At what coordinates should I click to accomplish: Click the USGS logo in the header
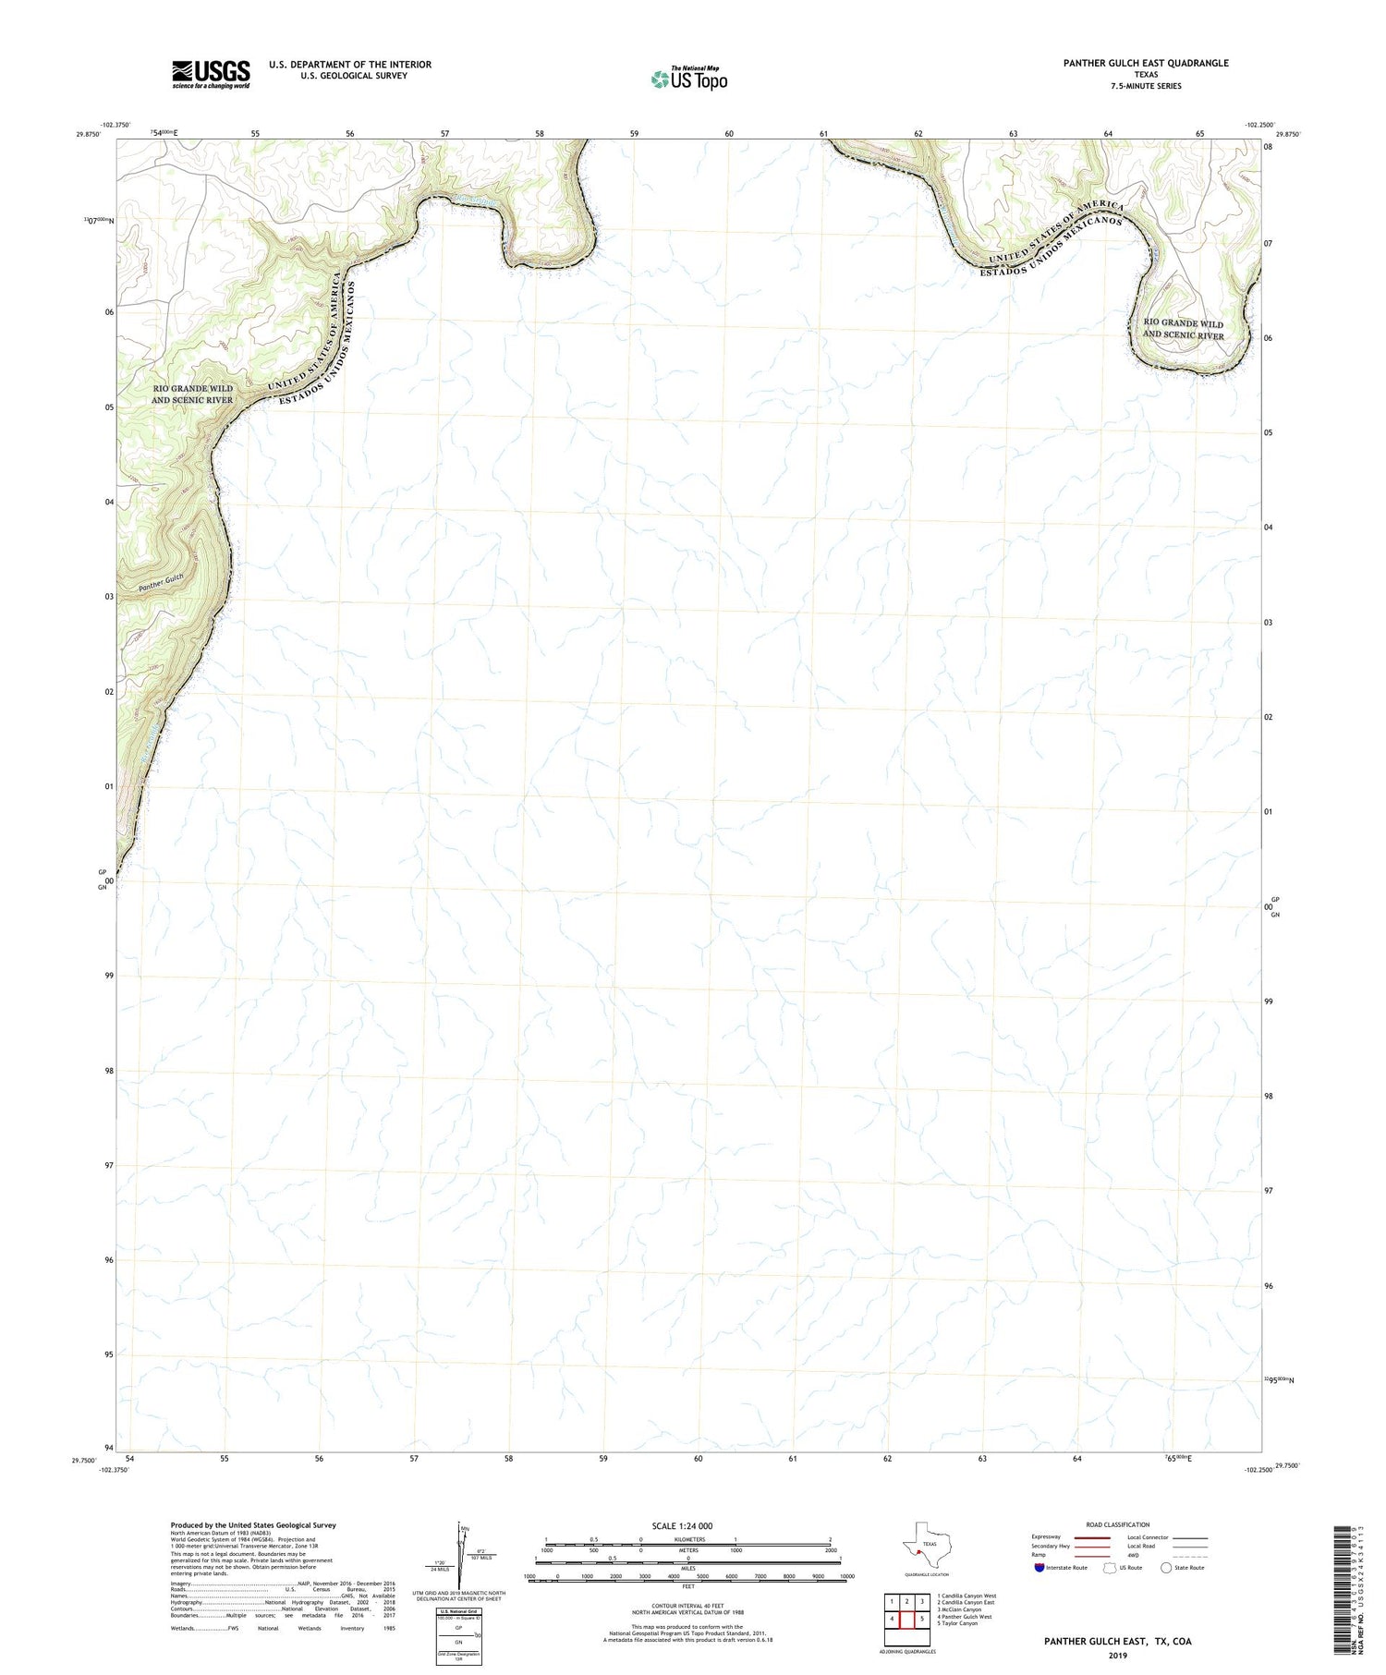point(211,74)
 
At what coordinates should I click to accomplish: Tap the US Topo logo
point(689,79)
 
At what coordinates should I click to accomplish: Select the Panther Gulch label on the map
point(162,582)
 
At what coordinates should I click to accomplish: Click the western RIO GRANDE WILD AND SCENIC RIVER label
point(192,394)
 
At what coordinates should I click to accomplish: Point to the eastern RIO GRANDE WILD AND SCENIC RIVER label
point(1183,330)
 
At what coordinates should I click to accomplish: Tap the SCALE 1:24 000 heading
point(682,1525)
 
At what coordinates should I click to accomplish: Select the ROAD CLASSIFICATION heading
point(1117,1524)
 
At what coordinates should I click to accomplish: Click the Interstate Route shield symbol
point(1039,1568)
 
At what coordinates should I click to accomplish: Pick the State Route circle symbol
point(1166,1568)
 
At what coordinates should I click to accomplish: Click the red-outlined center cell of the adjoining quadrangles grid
point(906,1620)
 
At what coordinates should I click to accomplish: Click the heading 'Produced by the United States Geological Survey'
point(253,1525)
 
